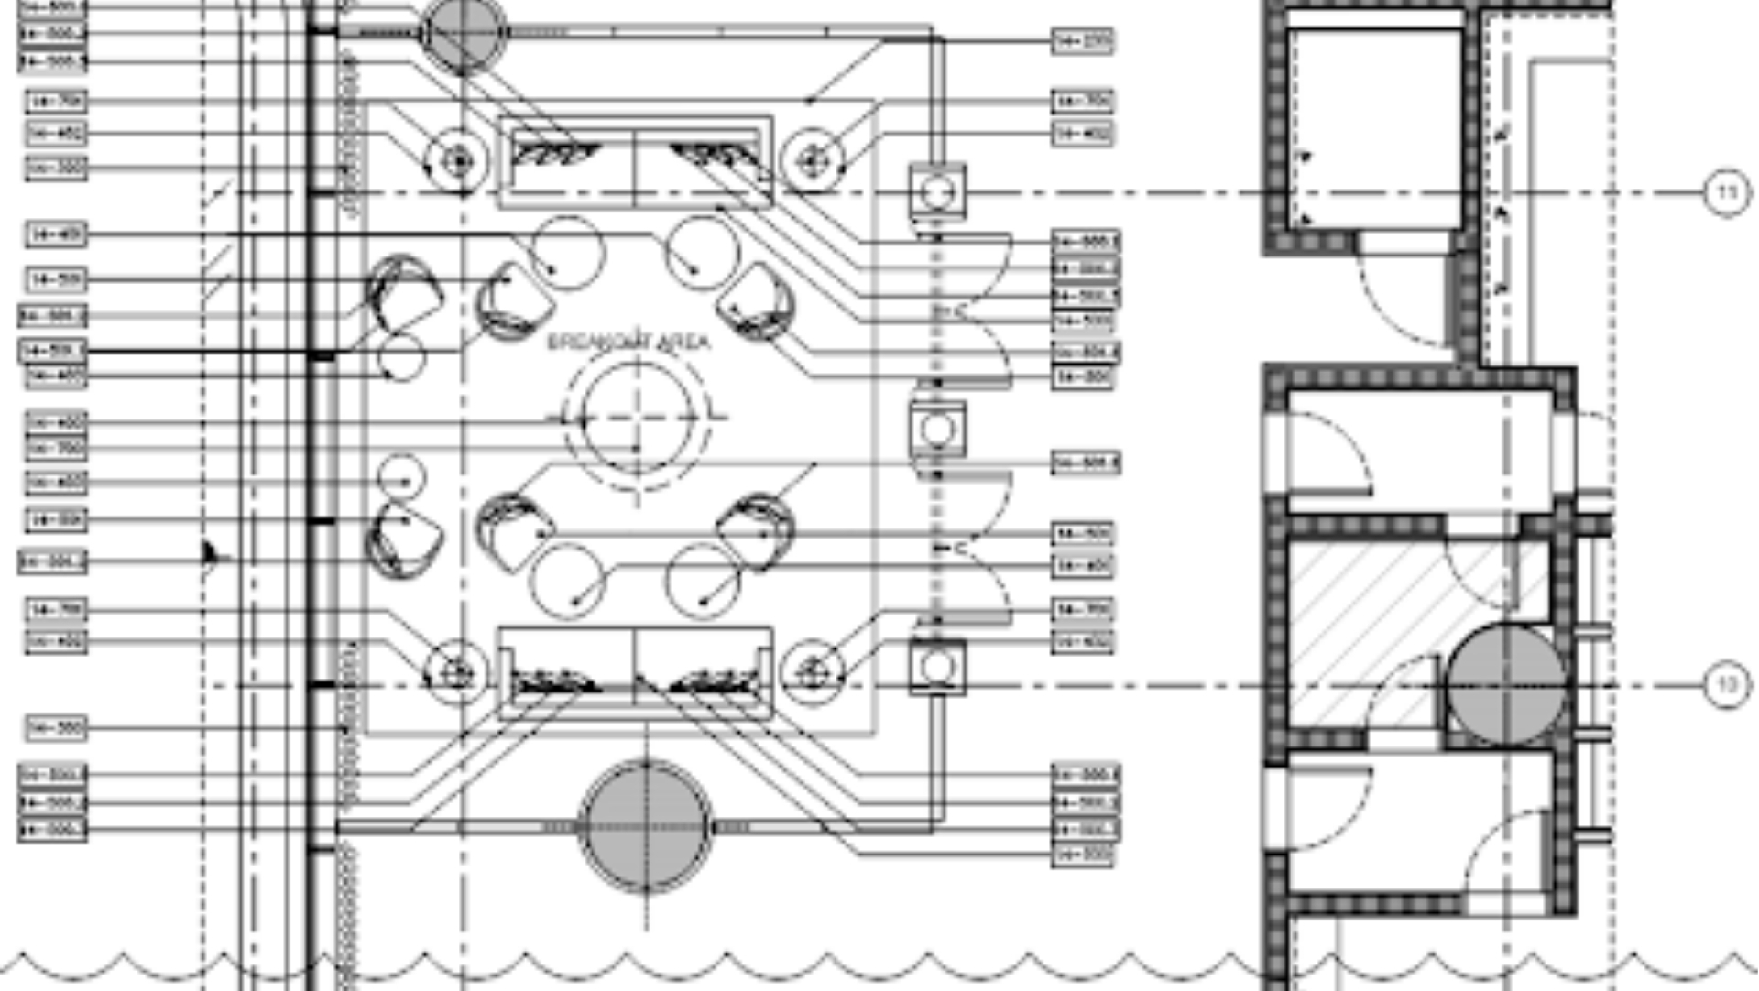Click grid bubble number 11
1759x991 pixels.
[x=1726, y=192]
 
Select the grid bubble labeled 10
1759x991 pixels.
[x=1726, y=684]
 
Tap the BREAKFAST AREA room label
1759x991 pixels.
[x=628, y=343]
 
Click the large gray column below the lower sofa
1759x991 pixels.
[x=646, y=826]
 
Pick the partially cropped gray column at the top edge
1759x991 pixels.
[x=463, y=34]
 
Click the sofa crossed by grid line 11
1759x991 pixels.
[x=635, y=162]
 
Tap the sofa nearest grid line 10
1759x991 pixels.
[x=635, y=673]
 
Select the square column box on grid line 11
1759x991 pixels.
[x=936, y=192]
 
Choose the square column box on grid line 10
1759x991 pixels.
[x=936, y=667]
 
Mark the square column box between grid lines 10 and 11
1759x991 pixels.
[x=936, y=429]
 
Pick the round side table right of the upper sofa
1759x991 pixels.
[x=812, y=162]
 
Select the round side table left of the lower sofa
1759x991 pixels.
[x=456, y=674]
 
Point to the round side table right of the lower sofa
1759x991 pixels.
[x=812, y=674]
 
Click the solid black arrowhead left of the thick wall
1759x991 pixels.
[x=210, y=554]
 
